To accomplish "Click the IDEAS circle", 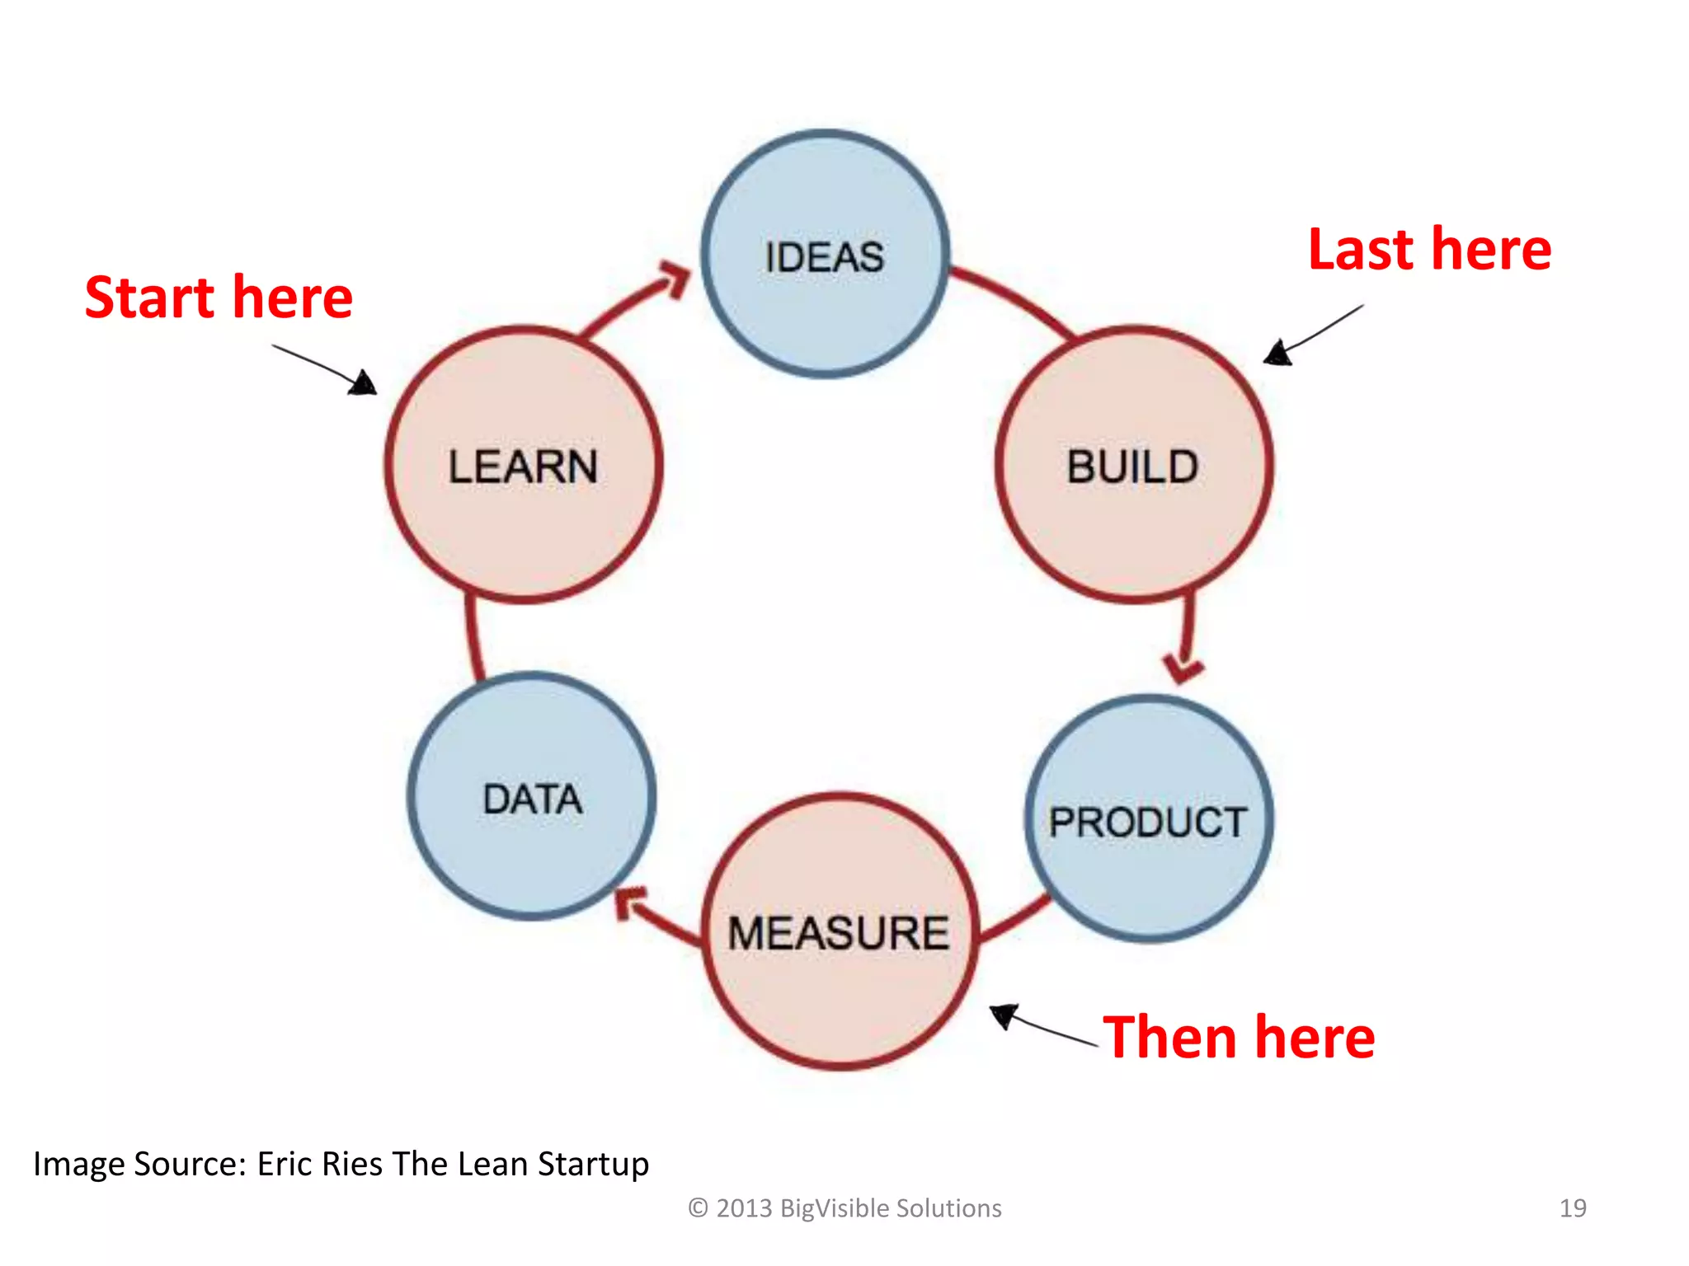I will pyautogui.click(x=825, y=254).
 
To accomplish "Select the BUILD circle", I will pyautogui.click(x=1133, y=466).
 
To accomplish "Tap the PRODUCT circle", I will pyautogui.click(x=1148, y=820).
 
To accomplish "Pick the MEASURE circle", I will pyautogui.click(x=840, y=931).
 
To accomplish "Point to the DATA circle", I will pyautogui.click(x=532, y=797).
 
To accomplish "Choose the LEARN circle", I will pyautogui.click(x=524, y=466).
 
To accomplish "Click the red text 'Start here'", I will pyautogui.click(x=219, y=298).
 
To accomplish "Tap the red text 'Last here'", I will pyautogui.click(x=1429, y=250).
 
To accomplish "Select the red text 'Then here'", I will pyautogui.click(x=1239, y=1037).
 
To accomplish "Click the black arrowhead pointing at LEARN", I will pyautogui.click(x=364, y=384).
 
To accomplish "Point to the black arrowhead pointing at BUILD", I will pyautogui.click(x=1277, y=353).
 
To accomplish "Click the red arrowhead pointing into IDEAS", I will pyautogui.click(x=676, y=277).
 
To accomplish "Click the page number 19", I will pyautogui.click(x=1572, y=1208).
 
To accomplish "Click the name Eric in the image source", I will pyautogui.click(x=285, y=1164).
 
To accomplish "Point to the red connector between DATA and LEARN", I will pyautogui.click(x=473, y=639).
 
